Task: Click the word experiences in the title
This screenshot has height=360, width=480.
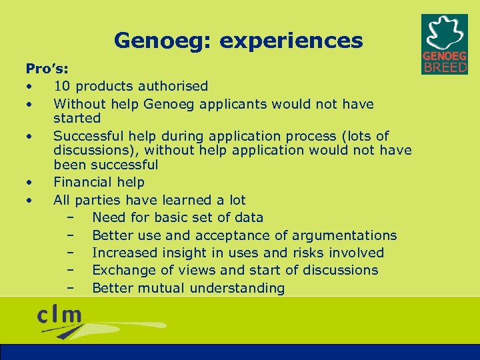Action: [291, 41]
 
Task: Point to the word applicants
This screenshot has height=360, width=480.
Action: [230, 104]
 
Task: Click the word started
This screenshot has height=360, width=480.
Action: [77, 119]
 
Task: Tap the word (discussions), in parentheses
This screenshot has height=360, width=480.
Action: [96, 150]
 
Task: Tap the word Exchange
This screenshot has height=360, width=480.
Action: [121, 270]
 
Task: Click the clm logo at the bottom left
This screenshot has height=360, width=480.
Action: [60, 316]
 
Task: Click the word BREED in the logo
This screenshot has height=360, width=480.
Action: [445, 67]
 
